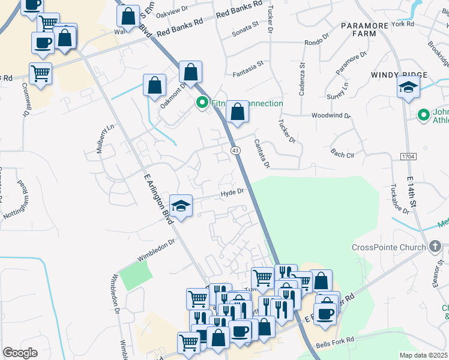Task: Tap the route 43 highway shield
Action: click(235, 151)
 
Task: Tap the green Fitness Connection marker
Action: click(202, 103)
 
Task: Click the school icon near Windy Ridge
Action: click(408, 87)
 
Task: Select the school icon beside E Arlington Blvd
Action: click(181, 206)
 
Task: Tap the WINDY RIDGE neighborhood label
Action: click(399, 74)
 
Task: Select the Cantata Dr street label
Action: click(262, 152)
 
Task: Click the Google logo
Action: click(20, 352)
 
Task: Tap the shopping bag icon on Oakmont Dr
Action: click(155, 86)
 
